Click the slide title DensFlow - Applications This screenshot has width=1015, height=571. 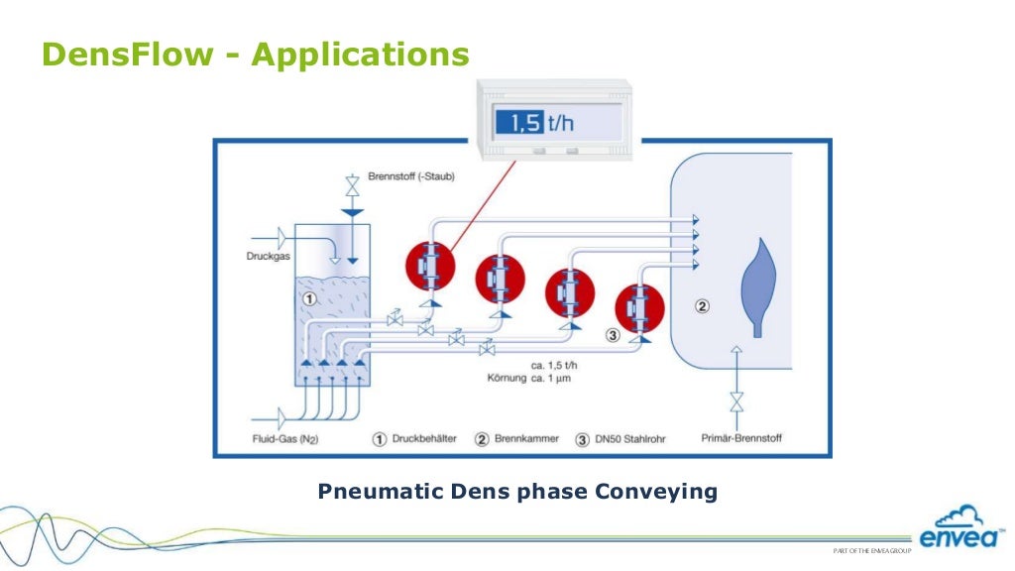point(254,55)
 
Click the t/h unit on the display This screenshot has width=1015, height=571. point(561,123)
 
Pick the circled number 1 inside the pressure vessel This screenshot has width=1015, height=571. point(309,297)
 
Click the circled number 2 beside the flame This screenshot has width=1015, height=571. point(702,306)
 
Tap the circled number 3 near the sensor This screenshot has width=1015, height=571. point(613,336)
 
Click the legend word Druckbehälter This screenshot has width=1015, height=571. point(424,438)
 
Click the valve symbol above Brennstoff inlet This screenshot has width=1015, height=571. point(350,185)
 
